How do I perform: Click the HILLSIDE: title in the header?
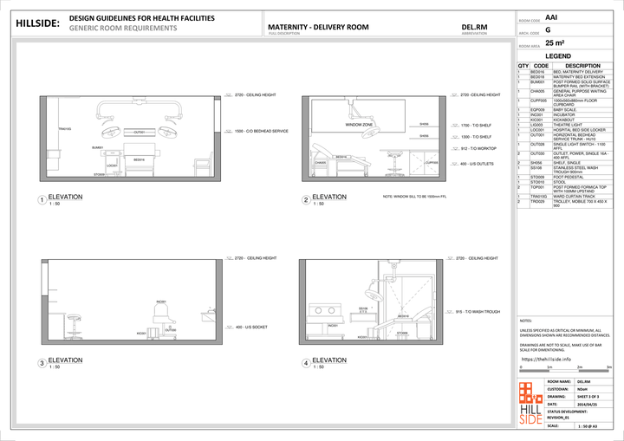click(38, 23)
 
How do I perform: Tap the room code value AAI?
click(552, 16)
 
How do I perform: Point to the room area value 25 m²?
click(554, 42)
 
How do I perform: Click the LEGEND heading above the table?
click(557, 55)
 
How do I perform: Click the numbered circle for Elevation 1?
click(41, 201)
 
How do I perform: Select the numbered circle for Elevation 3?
click(41, 363)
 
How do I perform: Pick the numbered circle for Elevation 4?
click(306, 363)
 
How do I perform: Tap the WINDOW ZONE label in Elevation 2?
click(359, 125)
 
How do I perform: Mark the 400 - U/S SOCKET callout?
click(250, 328)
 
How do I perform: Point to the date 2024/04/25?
click(591, 405)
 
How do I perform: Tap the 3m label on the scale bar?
click(609, 367)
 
